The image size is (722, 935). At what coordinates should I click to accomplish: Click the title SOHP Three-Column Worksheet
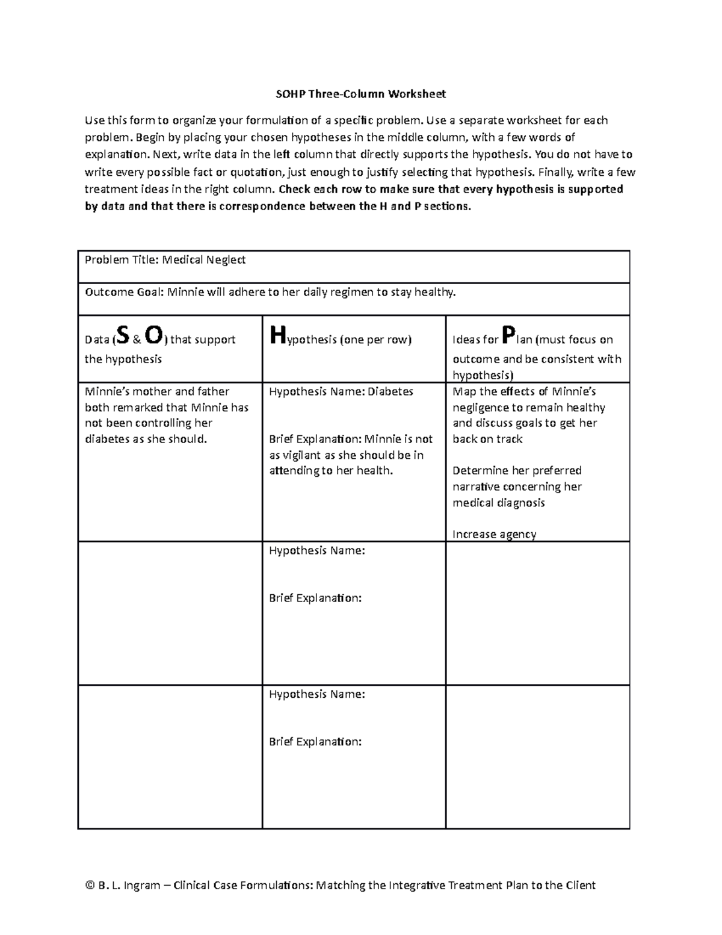[360, 94]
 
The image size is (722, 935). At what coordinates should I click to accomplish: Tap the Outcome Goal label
[123, 293]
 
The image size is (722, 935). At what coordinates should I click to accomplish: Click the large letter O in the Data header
[153, 336]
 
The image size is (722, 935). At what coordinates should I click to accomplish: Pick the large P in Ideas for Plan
[508, 335]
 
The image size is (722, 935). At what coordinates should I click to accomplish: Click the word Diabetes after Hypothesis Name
[390, 392]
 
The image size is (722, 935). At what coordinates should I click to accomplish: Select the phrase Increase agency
[494, 535]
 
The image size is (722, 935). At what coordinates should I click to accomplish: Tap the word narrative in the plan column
[476, 487]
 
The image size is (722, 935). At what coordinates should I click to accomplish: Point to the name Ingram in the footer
[141, 886]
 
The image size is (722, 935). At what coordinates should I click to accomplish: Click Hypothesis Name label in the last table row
[316, 695]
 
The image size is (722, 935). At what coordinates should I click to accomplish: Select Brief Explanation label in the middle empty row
[315, 598]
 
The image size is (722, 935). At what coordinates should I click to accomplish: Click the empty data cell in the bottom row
[170, 757]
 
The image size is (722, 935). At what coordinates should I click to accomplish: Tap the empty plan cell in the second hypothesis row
[537, 613]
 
